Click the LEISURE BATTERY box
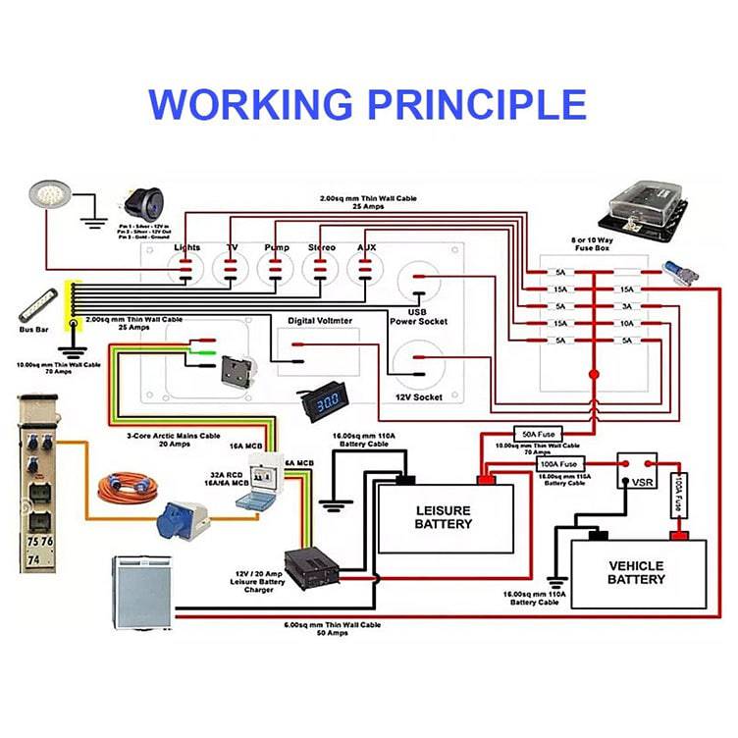[x=445, y=516]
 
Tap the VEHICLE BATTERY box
[x=636, y=572]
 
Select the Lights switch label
[x=187, y=247]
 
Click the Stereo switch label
[x=322, y=247]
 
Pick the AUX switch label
[x=367, y=247]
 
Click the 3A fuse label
[x=625, y=306]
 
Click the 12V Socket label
[x=420, y=396]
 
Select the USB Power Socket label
[x=419, y=317]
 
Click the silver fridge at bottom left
[x=141, y=590]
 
